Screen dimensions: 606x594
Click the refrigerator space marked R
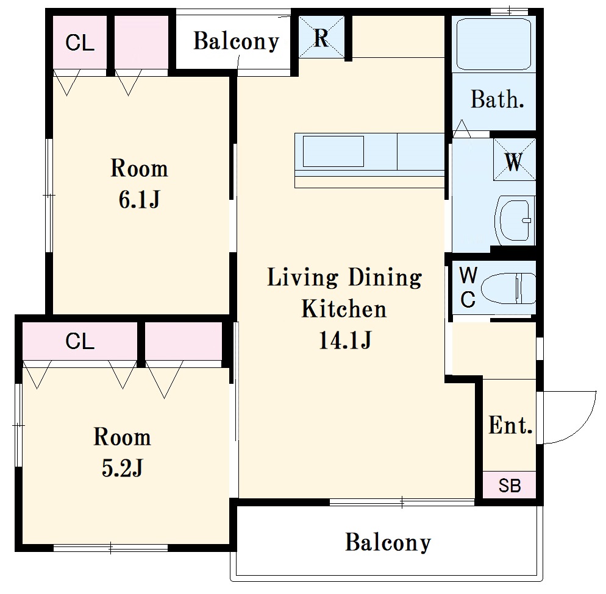[321, 37]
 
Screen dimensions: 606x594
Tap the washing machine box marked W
[515, 160]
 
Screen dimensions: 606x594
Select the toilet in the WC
[508, 289]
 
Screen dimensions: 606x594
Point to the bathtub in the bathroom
[494, 44]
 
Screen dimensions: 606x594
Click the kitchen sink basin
[333, 151]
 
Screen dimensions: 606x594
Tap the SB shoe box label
[510, 486]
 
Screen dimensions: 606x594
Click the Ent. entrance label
[510, 425]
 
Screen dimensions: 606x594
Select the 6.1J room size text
[139, 200]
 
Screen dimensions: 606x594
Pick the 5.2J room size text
[123, 468]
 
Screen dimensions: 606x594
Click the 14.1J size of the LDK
[345, 340]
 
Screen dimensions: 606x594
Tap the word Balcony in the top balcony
[236, 41]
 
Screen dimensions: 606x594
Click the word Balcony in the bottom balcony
[388, 543]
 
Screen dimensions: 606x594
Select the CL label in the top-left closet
[80, 43]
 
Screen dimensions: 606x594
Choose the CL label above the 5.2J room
[80, 341]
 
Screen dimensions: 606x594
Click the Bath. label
[497, 99]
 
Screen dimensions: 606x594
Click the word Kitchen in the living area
[344, 309]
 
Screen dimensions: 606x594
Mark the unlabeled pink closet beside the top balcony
[141, 42]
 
